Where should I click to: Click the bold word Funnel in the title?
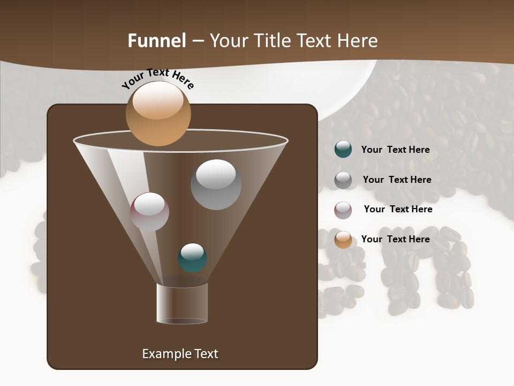point(157,41)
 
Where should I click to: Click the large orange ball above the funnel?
point(158,114)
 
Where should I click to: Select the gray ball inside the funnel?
point(216,184)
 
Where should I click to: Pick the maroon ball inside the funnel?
point(149,212)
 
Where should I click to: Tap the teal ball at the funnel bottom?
point(192,258)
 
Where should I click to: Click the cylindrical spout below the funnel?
point(182,303)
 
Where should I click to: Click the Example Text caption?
point(180,354)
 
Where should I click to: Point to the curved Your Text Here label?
point(157,79)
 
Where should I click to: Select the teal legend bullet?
point(343,150)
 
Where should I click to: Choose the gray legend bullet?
point(343,180)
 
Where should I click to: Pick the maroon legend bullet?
point(343,210)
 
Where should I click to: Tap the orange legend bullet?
point(343,240)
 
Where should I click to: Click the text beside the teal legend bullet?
point(395,150)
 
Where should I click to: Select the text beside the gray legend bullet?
point(397,180)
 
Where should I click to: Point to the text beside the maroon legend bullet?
point(398,209)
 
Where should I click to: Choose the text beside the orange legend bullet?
point(395,239)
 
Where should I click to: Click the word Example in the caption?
point(163,354)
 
